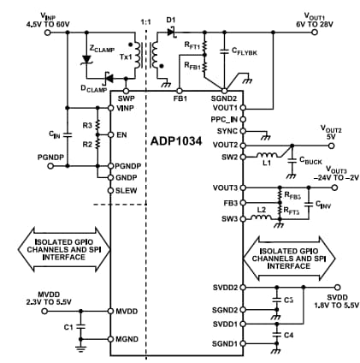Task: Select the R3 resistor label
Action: pos(86,125)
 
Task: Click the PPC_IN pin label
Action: pos(224,120)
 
